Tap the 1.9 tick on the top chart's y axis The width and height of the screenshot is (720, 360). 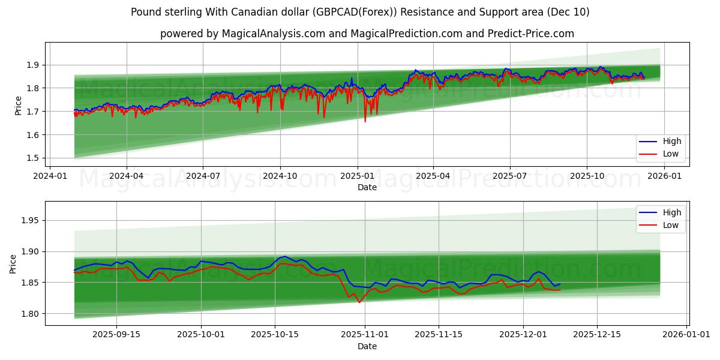click(x=34, y=65)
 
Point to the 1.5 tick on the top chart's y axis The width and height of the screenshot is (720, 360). click(x=34, y=158)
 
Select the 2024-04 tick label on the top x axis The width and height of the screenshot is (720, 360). click(x=127, y=176)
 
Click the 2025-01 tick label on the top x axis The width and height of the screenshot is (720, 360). click(x=357, y=176)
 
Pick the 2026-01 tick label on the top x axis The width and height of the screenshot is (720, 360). click(x=664, y=176)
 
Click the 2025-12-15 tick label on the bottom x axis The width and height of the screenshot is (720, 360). click(x=596, y=334)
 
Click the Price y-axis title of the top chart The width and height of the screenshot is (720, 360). click(x=19, y=106)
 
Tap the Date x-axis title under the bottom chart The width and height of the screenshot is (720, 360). click(x=367, y=346)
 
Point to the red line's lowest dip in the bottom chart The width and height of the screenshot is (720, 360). click(x=359, y=302)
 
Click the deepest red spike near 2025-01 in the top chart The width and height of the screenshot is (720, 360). click(x=365, y=122)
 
